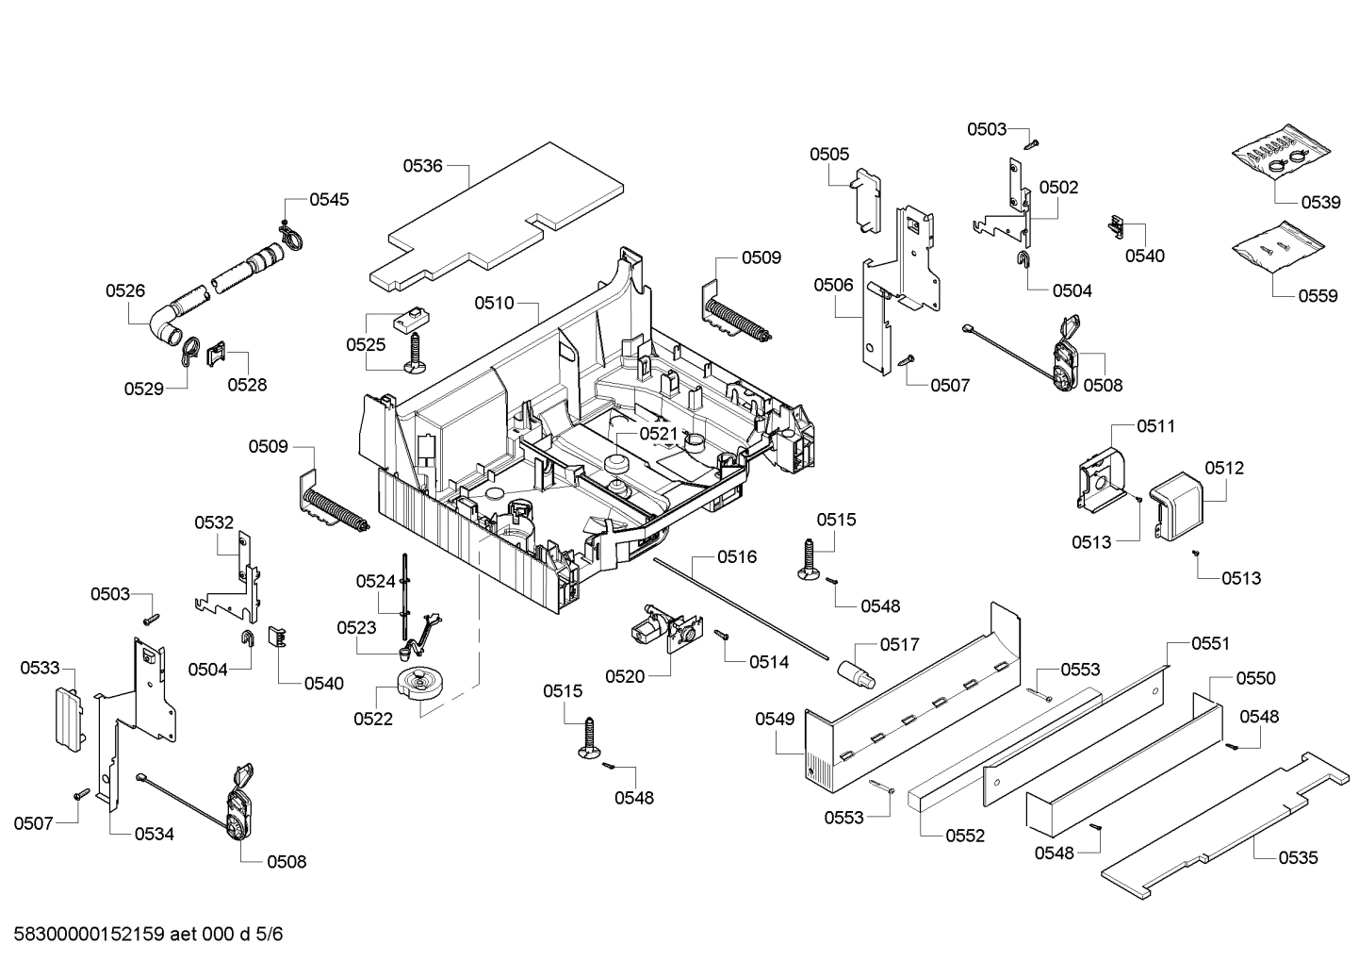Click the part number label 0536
(422, 166)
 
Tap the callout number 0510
(494, 303)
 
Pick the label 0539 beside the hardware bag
(1320, 202)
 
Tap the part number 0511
(1155, 426)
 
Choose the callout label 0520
(625, 676)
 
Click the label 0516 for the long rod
(736, 557)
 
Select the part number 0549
(775, 720)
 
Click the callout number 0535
(1298, 857)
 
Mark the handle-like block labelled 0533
(65, 718)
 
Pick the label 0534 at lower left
(154, 834)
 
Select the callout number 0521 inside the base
(659, 433)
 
